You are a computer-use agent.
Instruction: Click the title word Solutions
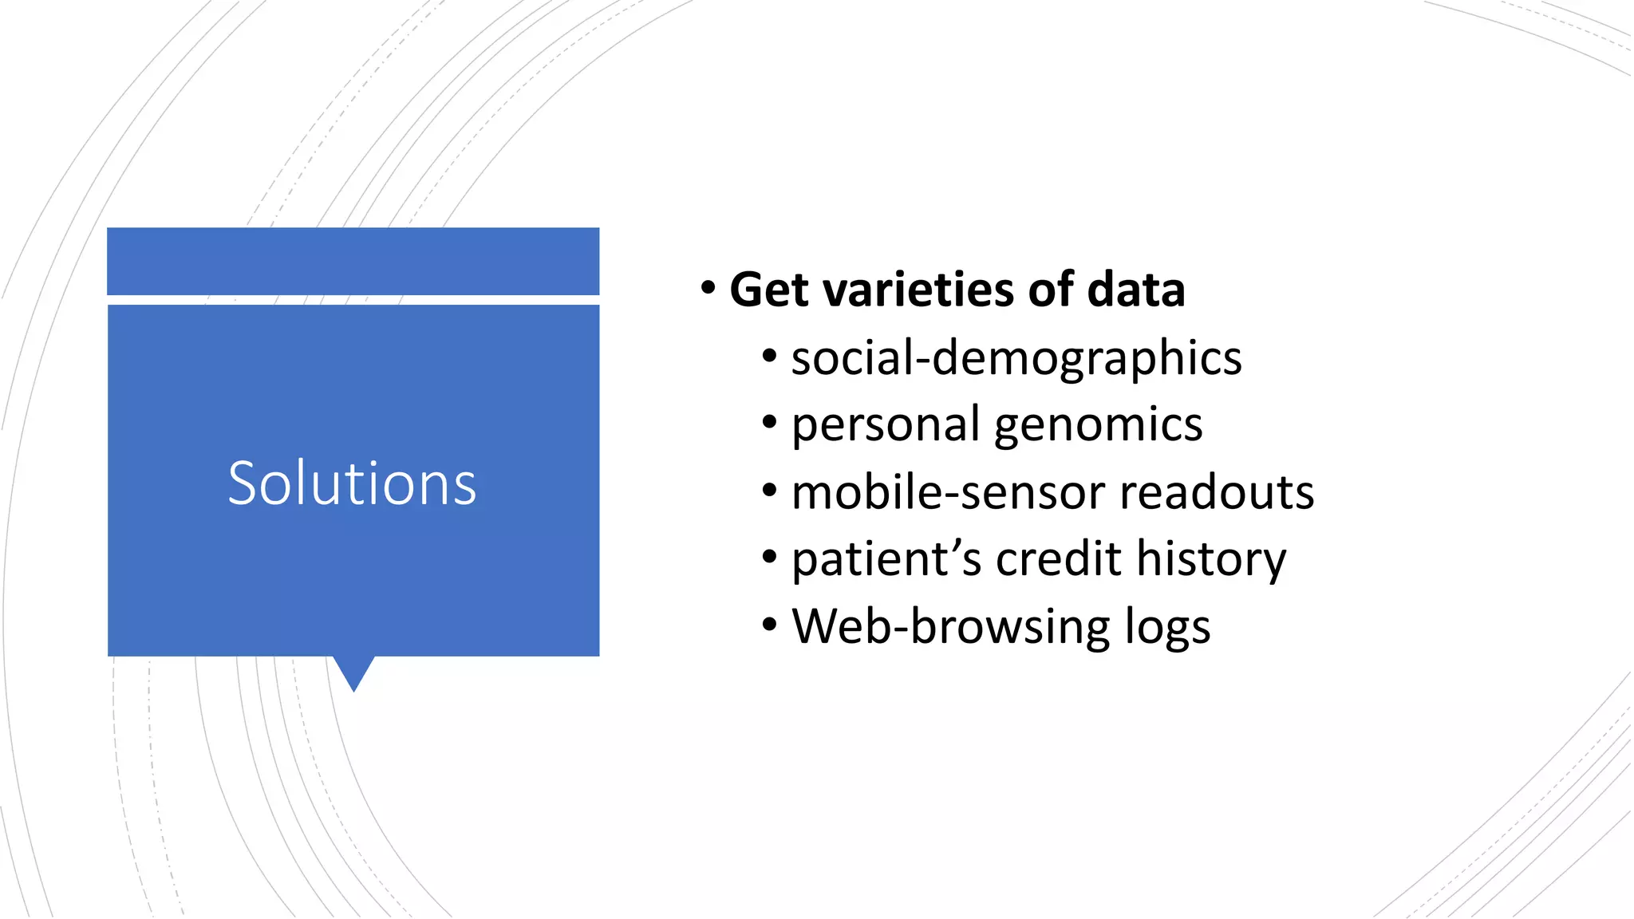point(352,483)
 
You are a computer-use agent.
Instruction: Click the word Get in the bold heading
point(769,290)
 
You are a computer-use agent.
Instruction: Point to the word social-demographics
point(1016,358)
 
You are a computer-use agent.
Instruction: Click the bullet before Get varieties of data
point(708,288)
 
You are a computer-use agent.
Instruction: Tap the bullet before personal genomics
point(769,423)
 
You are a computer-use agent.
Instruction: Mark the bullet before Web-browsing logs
point(769,625)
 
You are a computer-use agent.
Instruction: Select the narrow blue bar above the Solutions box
point(353,261)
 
